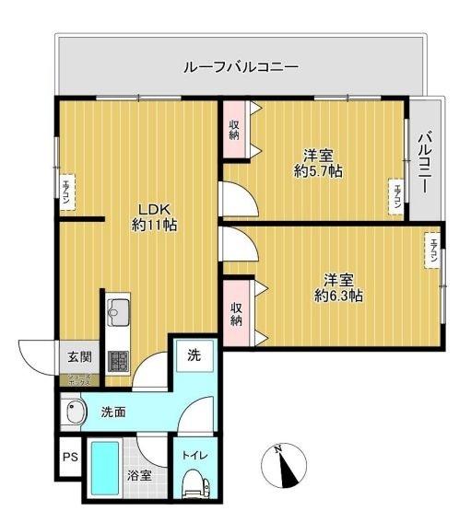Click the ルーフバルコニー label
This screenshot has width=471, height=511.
[x=241, y=67]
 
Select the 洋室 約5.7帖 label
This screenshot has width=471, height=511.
[x=319, y=163]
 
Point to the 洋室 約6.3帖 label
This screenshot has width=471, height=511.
[x=338, y=287]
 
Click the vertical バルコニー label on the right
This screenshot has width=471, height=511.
[x=425, y=163]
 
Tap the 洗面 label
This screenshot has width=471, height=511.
[x=114, y=412]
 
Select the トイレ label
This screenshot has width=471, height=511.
[x=194, y=456]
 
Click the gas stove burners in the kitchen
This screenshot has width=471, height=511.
[x=118, y=361]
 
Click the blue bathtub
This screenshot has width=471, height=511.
[x=105, y=471]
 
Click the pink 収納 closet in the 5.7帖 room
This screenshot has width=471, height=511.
[x=234, y=128]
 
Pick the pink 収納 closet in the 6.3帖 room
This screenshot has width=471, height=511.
[x=235, y=314]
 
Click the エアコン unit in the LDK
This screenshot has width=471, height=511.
[x=66, y=192]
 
